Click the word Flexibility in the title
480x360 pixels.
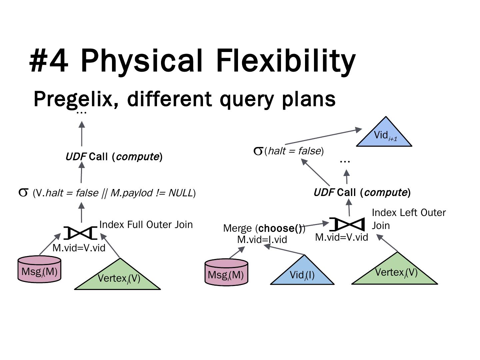point(286,61)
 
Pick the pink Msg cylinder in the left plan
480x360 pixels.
point(39,270)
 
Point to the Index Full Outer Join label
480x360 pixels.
point(146,225)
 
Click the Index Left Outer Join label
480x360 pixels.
point(408,219)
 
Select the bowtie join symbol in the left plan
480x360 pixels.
point(80,233)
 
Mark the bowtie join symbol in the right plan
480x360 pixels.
point(347,224)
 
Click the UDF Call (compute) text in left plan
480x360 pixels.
point(114,156)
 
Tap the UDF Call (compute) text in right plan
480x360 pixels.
point(362,192)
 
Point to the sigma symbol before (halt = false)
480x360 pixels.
point(258,151)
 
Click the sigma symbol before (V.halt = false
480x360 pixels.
point(23,193)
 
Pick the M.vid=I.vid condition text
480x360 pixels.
point(262,239)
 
